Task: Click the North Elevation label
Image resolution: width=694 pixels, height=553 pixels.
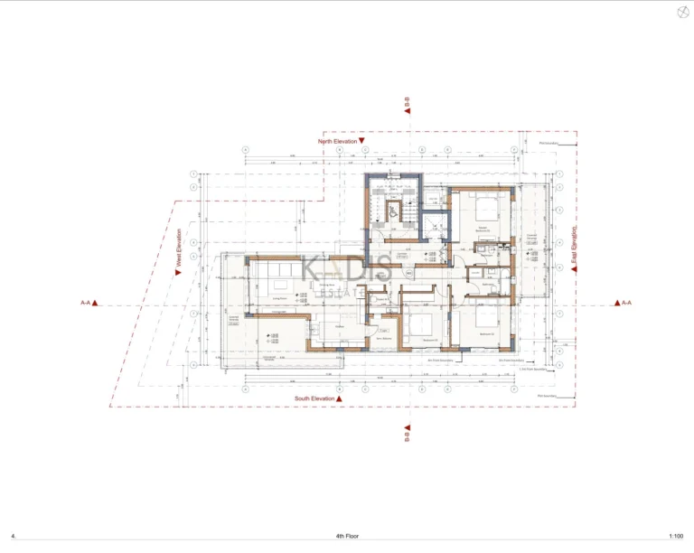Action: pos(338,142)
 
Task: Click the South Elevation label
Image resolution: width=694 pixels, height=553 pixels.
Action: pos(314,398)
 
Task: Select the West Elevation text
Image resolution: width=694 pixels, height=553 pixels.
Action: pos(179,250)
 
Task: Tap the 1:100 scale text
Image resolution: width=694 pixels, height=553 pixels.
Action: pos(676,536)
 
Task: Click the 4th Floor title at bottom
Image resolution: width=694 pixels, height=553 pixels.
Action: pos(346,536)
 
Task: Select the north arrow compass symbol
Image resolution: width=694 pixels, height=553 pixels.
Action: pos(681,12)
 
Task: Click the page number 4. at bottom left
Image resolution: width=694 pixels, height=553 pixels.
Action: pos(14,536)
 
